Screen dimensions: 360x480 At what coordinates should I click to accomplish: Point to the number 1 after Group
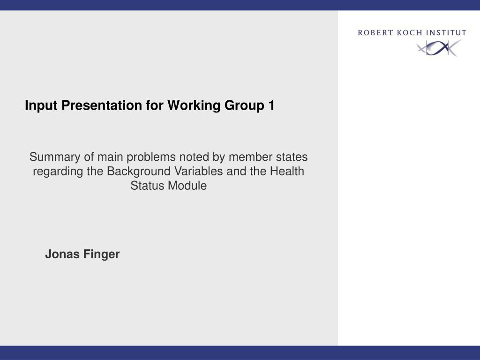271,106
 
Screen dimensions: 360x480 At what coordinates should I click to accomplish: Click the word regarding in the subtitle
59,172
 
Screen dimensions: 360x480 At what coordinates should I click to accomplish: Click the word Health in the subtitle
287,171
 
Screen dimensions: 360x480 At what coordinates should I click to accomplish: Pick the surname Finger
102,255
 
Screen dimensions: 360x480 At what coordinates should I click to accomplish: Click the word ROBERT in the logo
374,33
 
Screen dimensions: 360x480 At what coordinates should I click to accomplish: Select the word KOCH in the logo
407,33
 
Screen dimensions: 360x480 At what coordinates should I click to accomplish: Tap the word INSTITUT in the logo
446,33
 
